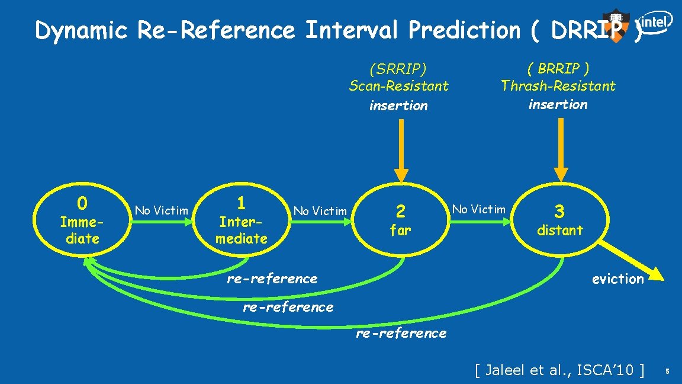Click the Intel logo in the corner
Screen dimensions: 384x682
click(x=655, y=23)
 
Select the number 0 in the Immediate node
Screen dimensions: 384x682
click(x=82, y=203)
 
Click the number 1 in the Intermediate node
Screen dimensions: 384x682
click(x=241, y=203)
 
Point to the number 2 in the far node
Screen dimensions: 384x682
click(x=401, y=211)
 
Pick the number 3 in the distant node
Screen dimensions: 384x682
click(x=559, y=211)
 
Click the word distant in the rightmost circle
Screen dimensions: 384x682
click(x=559, y=230)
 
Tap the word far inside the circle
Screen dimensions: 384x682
click(x=400, y=231)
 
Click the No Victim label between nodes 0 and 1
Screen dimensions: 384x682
click(x=162, y=210)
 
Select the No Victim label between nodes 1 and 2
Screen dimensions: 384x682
click(x=320, y=211)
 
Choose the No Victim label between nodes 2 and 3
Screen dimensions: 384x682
click(x=479, y=209)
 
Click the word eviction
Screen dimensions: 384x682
click(x=617, y=279)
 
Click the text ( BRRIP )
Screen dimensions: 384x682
click(x=558, y=68)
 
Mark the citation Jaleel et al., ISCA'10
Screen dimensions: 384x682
click(x=559, y=370)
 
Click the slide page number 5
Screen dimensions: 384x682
click(x=667, y=372)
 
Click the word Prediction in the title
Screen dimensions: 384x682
click(x=464, y=30)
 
